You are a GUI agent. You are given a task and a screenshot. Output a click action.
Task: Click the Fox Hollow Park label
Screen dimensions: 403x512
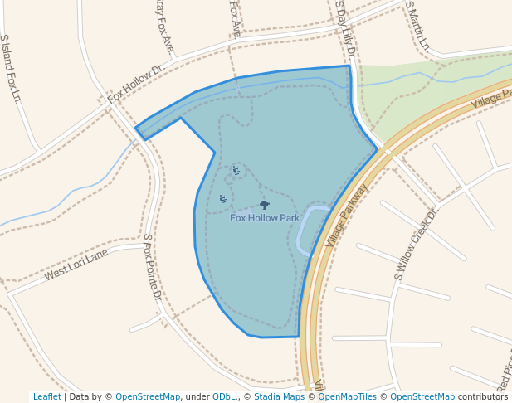[x=264, y=218]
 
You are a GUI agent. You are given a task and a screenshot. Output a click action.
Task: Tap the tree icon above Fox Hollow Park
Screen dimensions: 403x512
[x=265, y=205]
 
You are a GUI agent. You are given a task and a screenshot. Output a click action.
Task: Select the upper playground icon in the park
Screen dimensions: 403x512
[x=236, y=171]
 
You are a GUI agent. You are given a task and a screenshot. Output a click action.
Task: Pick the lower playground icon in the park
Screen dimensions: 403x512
[x=222, y=198]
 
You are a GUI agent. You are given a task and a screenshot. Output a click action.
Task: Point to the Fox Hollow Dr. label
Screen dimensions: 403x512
[x=136, y=85]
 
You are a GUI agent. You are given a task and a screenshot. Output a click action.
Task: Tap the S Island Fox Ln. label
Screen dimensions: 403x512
[x=11, y=68]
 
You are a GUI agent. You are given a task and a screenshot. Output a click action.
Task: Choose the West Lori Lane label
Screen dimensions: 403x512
[x=76, y=264]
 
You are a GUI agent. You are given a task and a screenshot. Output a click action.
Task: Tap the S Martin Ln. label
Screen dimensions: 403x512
[x=417, y=25]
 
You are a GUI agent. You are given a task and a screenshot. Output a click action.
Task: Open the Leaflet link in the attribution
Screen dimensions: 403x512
[x=46, y=396]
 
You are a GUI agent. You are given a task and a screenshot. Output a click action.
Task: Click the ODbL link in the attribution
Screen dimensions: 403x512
[x=223, y=396]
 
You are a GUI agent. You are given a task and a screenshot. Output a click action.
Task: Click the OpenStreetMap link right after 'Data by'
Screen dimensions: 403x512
[x=147, y=396]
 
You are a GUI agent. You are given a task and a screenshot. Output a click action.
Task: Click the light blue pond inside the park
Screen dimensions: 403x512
[x=312, y=228]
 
